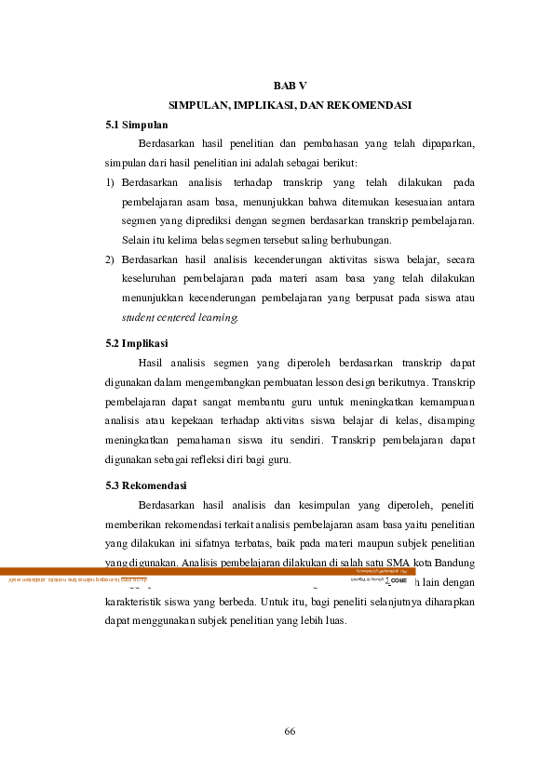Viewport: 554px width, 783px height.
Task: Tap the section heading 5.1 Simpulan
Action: (137, 124)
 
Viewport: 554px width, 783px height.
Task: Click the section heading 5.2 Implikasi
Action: (137, 343)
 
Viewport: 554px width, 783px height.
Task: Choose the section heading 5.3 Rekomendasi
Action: (146, 485)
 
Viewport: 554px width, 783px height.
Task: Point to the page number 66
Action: (289, 731)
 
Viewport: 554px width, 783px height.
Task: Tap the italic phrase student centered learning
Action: (180, 317)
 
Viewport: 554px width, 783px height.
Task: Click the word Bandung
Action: (454, 563)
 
